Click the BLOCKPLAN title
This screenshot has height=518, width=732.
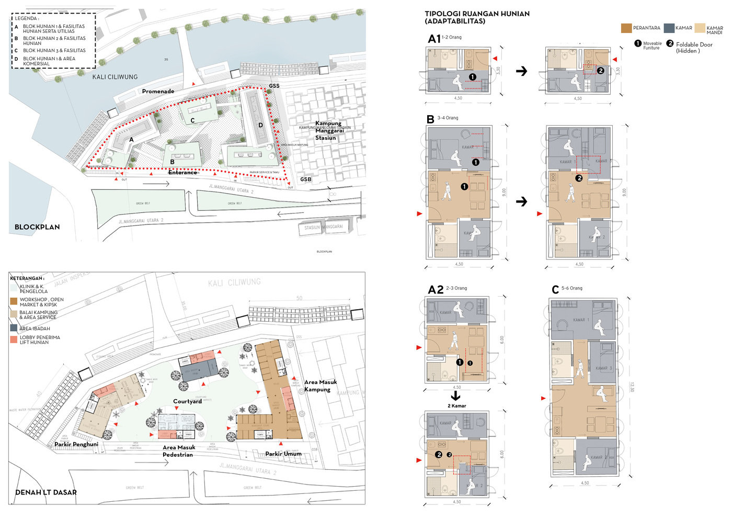[x=37, y=227]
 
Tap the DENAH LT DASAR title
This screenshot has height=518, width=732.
[x=46, y=492]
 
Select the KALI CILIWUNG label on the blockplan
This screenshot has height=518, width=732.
[x=115, y=77]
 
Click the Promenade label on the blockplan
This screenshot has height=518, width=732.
[x=158, y=92]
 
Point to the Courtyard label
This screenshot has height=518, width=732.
[x=187, y=401]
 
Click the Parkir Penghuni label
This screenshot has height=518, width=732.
[x=76, y=444]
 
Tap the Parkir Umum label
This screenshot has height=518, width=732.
[x=283, y=454]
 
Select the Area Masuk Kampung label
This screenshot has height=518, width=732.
[x=321, y=386]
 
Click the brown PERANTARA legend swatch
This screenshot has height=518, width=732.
[x=626, y=28]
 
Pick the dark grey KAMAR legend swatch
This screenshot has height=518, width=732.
[x=669, y=28]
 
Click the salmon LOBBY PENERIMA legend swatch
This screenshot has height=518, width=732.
[x=14, y=340]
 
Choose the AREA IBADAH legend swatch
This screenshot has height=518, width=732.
[x=14, y=328]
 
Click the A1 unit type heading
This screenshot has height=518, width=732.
[x=434, y=39]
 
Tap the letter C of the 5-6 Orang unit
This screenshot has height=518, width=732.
[x=555, y=290]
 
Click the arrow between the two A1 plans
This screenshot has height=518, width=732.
[x=521, y=71]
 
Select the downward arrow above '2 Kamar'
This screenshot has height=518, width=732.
[x=455, y=396]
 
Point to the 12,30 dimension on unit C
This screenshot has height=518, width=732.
[x=632, y=387]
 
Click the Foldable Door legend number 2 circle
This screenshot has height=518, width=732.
[x=670, y=44]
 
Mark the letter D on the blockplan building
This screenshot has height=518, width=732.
[x=261, y=125]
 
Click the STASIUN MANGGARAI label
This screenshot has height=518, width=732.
[x=324, y=227]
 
